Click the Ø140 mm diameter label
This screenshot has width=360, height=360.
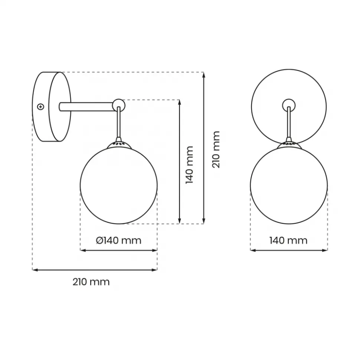[x=118, y=240]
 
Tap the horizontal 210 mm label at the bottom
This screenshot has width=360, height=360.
[x=91, y=282]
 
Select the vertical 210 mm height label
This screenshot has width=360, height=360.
[x=216, y=150]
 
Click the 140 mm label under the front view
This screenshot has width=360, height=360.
[x=288, y=240]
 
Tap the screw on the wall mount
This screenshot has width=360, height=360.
[x=40, y=106]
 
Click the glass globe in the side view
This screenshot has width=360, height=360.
[x=119, y=185]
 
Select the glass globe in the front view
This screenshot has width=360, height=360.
[x=289, y=185]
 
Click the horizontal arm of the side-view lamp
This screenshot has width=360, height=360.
[x=87, y=107]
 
